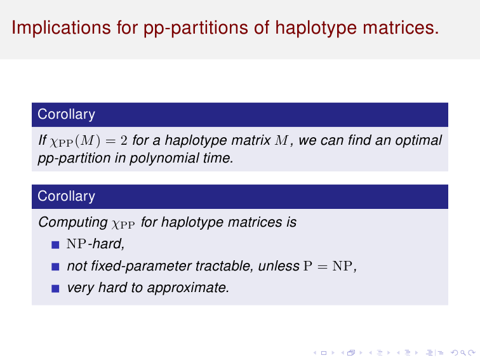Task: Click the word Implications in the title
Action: (62, 27)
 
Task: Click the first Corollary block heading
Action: (66, 114)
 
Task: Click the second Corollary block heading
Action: (66, 196)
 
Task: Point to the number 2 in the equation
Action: (124, 140)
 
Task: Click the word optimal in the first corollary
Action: (418, 141)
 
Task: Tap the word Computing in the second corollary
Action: (73, 223)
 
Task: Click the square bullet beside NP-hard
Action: (55, 245)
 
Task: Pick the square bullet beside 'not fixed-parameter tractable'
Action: (55, 267)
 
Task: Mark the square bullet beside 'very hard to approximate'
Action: (55, 289)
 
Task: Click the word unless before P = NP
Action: (279, 266)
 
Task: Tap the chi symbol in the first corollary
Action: (53, 143)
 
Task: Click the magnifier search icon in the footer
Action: (463, 353)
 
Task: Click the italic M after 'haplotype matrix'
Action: (282, 140)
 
